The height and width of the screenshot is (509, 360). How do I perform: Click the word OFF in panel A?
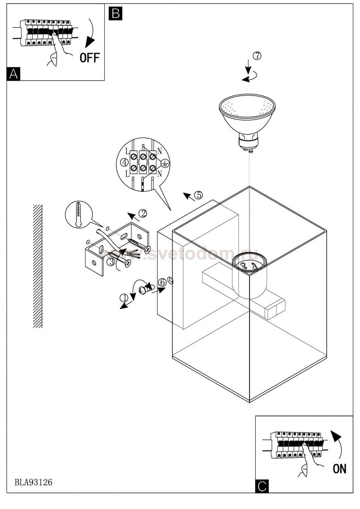(90, 57)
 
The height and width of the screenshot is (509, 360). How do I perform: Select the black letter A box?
(14, 74)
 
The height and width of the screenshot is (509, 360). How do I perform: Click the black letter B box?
(115, 14)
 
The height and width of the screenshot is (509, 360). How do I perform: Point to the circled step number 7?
(257, 56)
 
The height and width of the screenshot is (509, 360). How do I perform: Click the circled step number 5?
(199, 195)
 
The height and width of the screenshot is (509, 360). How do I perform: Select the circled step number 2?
(143, 213)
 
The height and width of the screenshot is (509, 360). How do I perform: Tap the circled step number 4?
(124, 162)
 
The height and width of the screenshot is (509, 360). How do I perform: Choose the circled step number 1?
(124, 298)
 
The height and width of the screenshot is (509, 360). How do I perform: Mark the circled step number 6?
(162, 282)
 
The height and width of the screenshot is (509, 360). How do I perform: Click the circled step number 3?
(111, 262)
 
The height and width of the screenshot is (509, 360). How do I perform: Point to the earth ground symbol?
(165, 163)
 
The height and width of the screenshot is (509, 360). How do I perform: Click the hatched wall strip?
(37, 266)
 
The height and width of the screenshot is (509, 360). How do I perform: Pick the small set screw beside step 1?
(145, 289)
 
